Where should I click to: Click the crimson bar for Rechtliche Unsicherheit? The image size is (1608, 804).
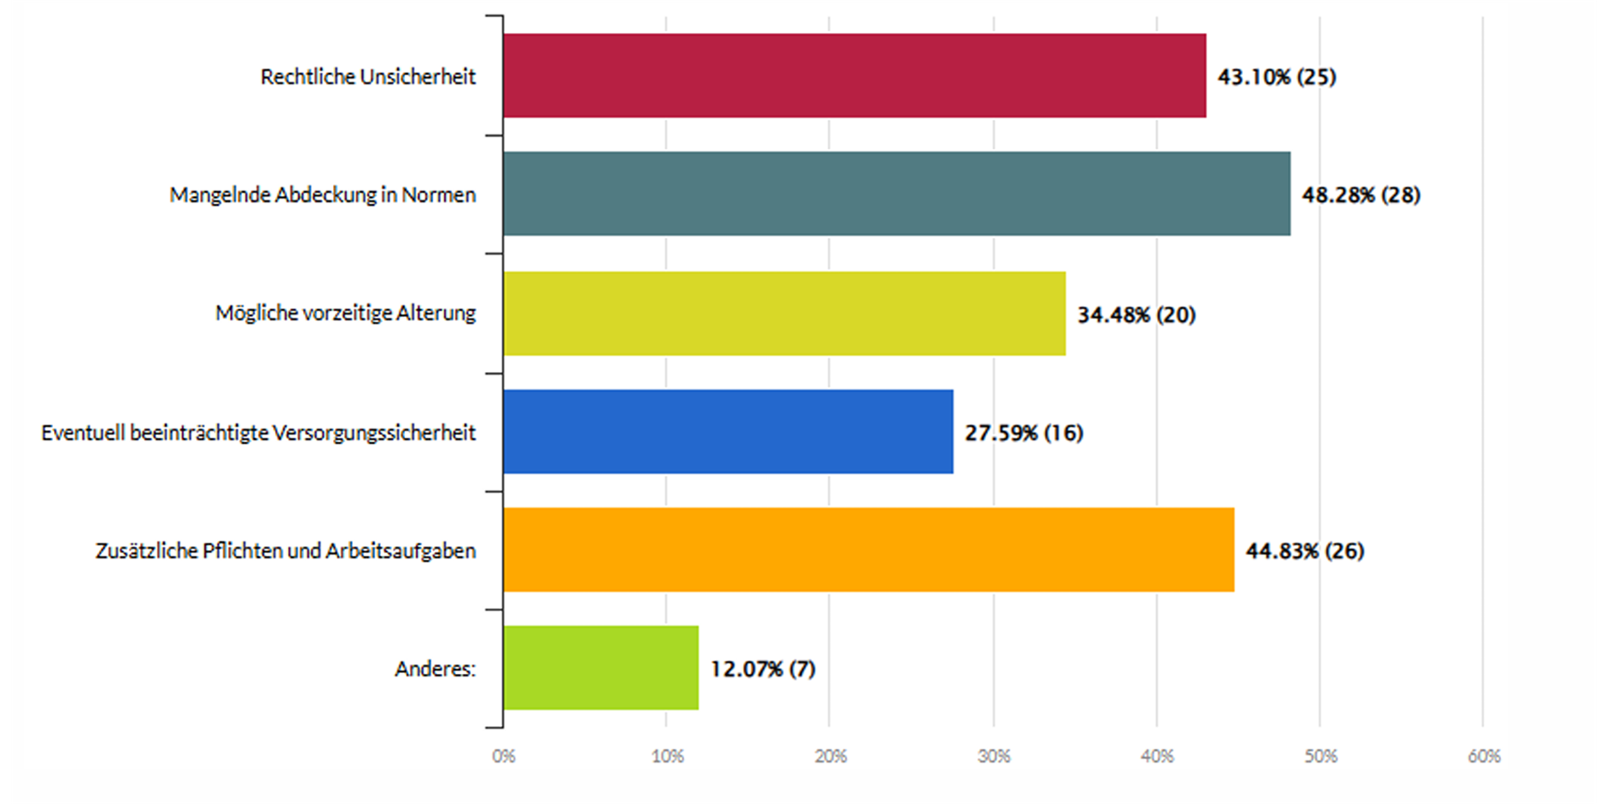pyautogui.click(x=854, y=76)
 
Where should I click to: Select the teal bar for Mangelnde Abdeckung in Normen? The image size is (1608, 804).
pyautogui.click(x=896, y=194)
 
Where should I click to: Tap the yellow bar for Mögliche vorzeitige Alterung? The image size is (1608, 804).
pyautogui.click(x=784, y=314)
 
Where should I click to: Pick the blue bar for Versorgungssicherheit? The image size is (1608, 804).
pyautogui.click(x=728, y=432)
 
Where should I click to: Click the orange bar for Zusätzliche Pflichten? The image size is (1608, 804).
pyautogui.click(x=868, y=550)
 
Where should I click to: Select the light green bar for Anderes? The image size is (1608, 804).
pyautogui.click(x=601, y=668)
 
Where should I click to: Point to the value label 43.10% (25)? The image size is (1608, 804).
pyautogui.click(x=1277, y=77)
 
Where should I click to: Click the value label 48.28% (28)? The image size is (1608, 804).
pyautogui.click(x=1361, y=195)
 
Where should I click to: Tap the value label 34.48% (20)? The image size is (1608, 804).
pyautogui.click(x=1136, y=314)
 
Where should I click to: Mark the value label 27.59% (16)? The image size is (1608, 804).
pyautogui.click(x=1023, y=433)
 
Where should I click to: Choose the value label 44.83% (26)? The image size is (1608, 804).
pyautogui.click(x=1305, y=552)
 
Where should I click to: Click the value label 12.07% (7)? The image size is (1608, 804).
pyautogui.click(x=762, y=669)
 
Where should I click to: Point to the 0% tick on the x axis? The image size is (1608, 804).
pyautogui.click(x=503, y=757)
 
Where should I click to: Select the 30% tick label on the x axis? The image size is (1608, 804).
pyautogui.click(x=994, y=757)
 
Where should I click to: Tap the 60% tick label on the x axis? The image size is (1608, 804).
pyautogui.click(x=1483, y=757)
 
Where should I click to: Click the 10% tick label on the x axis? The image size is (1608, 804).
pyautogui.click(x=667, y=757)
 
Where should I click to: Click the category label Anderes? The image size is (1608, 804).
pyautogui.click(x=435, y=669)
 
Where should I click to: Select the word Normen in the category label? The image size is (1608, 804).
pyautogui.click(x=438, y=195)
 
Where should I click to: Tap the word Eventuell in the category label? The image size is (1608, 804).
pyautogui.click(x=83, y=433)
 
